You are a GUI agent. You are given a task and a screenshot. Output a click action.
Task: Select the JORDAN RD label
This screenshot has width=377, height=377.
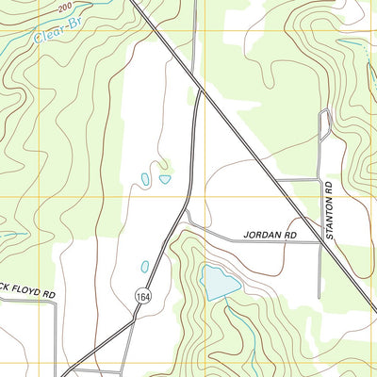tap(270, 234)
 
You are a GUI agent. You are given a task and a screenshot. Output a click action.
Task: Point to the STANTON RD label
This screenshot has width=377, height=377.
tap(330, 213)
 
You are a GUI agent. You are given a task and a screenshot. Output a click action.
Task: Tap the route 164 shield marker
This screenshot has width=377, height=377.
tap(141, 295)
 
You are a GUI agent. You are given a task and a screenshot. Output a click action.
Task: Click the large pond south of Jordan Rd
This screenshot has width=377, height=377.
tap(216, 282)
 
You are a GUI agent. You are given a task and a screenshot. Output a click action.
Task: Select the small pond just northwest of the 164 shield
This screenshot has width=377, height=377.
tap(144, 267)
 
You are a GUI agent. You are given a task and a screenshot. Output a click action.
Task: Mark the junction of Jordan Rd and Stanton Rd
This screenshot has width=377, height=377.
tap(320, 242)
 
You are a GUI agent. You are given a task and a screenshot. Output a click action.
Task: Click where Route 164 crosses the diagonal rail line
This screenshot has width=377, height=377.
tap(200, 91)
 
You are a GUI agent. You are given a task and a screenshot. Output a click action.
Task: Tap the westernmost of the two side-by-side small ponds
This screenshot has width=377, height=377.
tap(145, 177)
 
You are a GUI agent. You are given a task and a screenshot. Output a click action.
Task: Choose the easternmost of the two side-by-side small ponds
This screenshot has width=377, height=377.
tap(165, 179)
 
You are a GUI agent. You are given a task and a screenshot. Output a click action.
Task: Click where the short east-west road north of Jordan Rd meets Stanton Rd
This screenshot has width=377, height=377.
tap(320, 179)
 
